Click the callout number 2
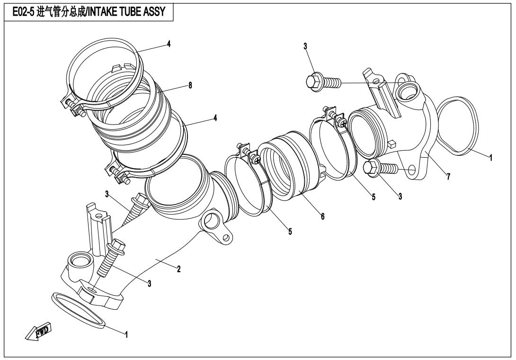point(178,269)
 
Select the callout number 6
point(323,216)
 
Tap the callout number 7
point(448,176)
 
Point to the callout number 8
point(190,85)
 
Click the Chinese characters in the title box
point(59,12)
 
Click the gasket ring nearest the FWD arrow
point(79,310)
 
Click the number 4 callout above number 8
point(169,44)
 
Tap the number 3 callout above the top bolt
point(305,46)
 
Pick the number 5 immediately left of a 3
point(374,197)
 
